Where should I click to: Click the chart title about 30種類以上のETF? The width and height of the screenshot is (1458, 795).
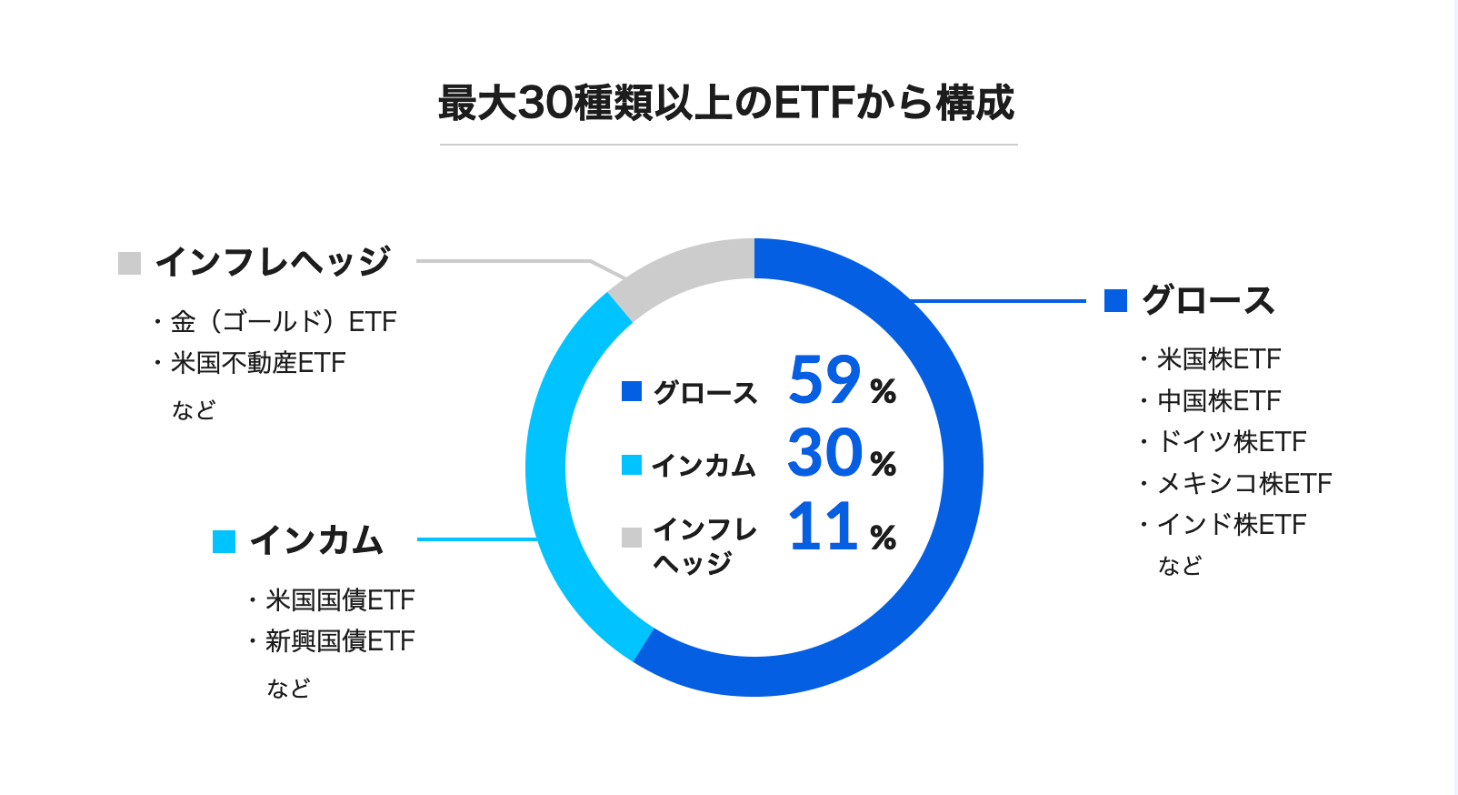(x=727, y=103)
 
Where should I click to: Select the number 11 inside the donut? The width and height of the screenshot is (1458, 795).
(x=824, y=527)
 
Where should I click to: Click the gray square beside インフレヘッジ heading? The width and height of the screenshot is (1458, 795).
(x=130, y=263)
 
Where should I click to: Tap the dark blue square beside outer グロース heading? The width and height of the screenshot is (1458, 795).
(x=1115, y=300)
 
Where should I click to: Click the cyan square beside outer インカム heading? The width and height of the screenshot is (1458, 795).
(x=224, y=541)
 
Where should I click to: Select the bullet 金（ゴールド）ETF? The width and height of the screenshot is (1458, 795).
(x=283, y=322)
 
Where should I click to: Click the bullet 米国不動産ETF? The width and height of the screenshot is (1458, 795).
(x=258, y=363)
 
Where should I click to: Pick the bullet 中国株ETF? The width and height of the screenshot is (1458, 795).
(x=1218, y=400)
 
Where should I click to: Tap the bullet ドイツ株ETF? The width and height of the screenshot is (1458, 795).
(x=1231, y=442)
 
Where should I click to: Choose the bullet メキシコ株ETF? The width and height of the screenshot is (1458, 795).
(x=1243, y=483)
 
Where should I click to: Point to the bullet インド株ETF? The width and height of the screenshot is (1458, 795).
(x=1231, y=525)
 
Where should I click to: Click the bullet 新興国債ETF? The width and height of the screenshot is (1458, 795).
(x=339, y=641)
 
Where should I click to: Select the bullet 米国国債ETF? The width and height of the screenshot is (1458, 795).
(x=339, y=600)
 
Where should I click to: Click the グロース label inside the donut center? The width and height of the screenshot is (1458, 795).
(x=705, y=392)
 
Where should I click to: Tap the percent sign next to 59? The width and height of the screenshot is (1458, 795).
(x=883, y=391)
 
